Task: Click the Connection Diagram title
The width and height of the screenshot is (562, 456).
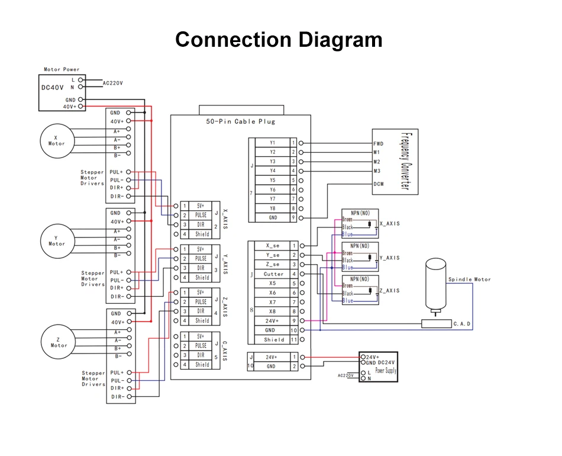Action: tap(279, 40)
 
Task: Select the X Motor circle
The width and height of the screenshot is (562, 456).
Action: tap(57, 140)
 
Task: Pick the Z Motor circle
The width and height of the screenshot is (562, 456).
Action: tap(59, 341)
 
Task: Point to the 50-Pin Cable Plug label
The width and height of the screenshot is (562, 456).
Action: tap(240, 121)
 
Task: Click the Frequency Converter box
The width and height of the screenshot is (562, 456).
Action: tap(395, 161)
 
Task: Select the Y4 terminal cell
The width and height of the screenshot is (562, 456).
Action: tap(272, 171)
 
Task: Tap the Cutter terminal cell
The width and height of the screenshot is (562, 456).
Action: tap(273, 274)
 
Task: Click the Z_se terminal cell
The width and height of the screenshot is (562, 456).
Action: tap(273, 265)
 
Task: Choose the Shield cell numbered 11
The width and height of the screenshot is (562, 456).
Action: tap(273, 340)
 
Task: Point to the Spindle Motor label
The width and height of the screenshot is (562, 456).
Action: tap(469, 280)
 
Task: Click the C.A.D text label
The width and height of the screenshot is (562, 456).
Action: tap(461, 324)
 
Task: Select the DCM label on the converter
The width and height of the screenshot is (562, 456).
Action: tap(379, 184)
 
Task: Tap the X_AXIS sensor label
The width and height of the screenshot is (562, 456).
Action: tap(389, 224)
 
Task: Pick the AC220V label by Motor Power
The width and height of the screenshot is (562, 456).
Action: tap(113, 84)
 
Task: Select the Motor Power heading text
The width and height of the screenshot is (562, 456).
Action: tap(62, 69)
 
